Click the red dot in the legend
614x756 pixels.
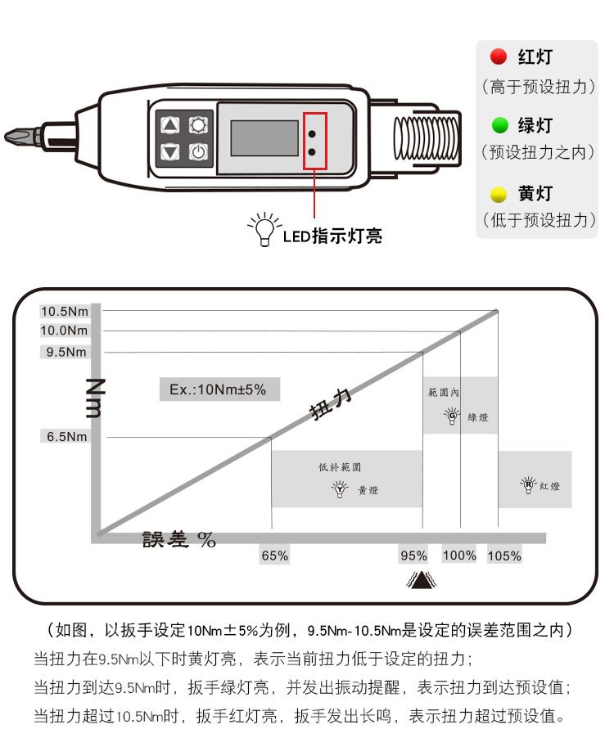[498, 57]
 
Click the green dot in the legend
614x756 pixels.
[498, 126]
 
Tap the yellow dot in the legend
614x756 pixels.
[498, 195]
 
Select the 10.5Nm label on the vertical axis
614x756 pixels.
[65, 311]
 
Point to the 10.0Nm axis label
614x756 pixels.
[65, 331]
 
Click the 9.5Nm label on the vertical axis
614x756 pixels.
[66, 352]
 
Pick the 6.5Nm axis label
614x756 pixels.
[66, 437]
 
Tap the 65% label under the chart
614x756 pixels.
[274, 556]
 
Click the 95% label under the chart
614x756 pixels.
[413, 556]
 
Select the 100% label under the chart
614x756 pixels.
[459, 556]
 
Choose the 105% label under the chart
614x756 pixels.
[504, 556]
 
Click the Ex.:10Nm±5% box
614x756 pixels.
[218, 389]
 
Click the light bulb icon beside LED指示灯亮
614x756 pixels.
[264, 230]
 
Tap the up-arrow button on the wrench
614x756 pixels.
[170, 125]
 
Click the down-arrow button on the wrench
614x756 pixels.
[170, 151]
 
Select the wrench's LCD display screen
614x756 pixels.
[264, 137]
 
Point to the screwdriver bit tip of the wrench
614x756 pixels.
[11, 135]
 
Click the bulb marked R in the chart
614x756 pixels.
[529, 485]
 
